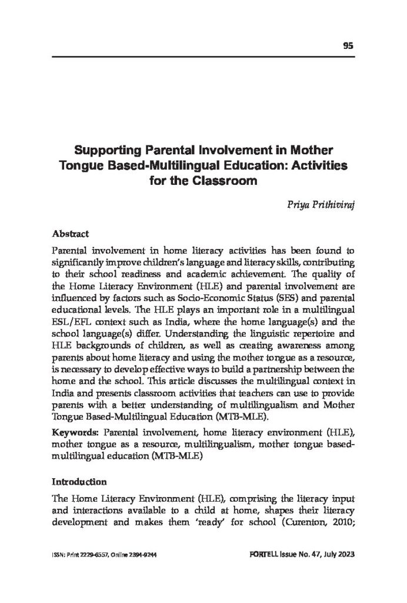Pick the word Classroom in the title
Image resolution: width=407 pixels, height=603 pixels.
coord(226,180)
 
